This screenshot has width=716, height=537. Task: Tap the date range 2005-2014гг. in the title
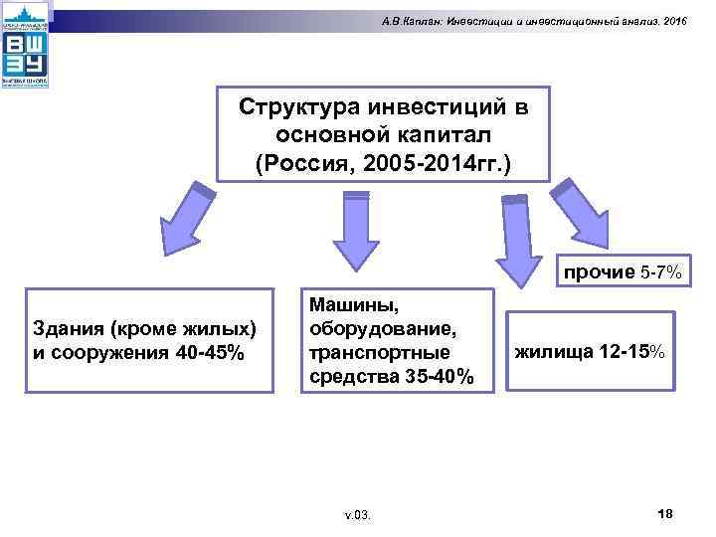point(437,162)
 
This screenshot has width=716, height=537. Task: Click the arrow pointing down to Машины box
point(349,232)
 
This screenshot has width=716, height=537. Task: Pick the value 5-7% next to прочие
point(659,271)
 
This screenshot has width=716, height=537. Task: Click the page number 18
point(665,512)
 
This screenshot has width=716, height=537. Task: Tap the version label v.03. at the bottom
point(357,515)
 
